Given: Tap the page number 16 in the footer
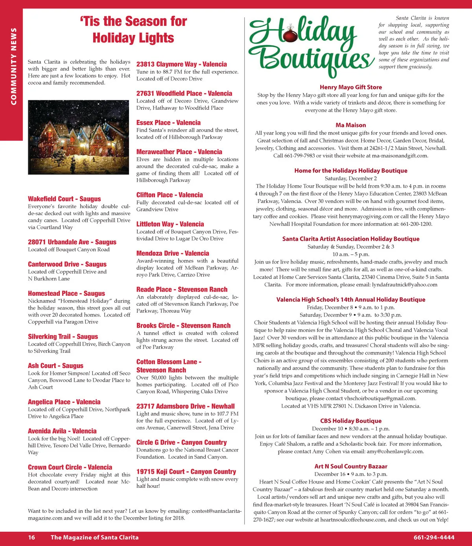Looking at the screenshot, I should click(31, 537).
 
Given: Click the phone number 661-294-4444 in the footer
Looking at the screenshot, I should click(434, 537).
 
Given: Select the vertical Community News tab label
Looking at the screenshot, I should click(14, 66).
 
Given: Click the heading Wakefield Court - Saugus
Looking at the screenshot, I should click(64, 199).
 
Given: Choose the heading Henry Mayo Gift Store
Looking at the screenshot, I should click(350, 87).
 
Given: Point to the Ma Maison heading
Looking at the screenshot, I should click(350, 125).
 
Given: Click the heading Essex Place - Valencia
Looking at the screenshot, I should click(168, 123).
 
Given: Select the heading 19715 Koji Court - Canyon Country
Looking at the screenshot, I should click(186, 472).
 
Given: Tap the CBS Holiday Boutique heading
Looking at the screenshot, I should click(350, 421).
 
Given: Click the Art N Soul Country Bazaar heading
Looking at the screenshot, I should click(350, 467).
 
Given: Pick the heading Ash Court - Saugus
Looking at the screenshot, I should click(55, 366).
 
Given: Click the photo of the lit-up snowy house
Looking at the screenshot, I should click(79, 137).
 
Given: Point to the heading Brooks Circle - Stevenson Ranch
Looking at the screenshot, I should click(183, 326).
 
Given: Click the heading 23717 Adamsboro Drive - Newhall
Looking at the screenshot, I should click(185, 406).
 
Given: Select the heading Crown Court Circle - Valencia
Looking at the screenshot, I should click(70, 467).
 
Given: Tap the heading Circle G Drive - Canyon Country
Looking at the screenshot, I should click(181, 443).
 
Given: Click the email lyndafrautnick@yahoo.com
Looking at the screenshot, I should click(404, 284).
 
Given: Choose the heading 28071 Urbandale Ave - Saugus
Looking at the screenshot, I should click(72, 242).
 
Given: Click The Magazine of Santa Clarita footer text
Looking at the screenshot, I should click(94, 537).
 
